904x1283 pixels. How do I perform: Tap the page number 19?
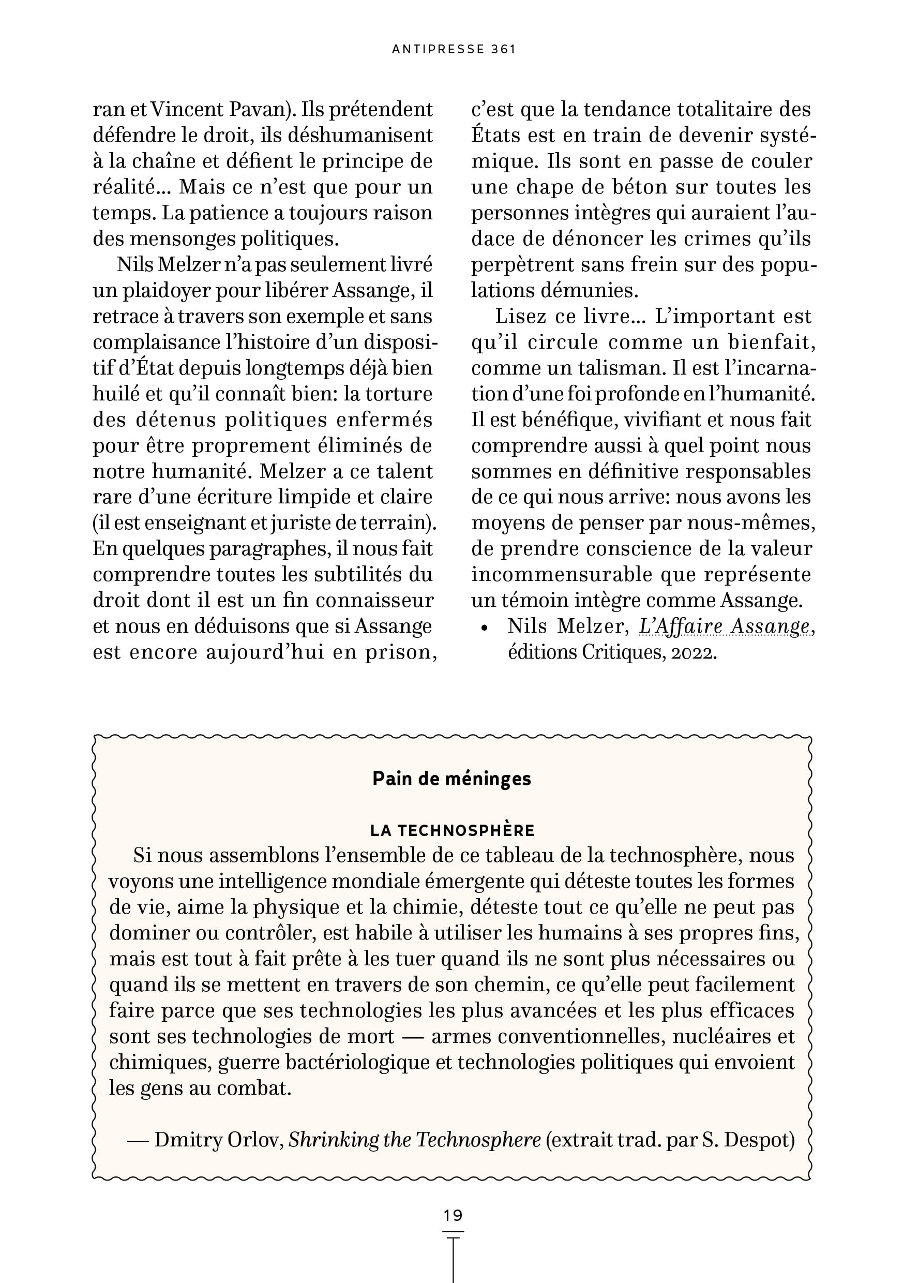tap(453, 1215)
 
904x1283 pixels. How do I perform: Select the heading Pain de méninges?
tap(451, 779)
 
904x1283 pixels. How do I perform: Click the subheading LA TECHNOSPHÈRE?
tap(452, 830)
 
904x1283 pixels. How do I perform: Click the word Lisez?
tap(521, 316)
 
